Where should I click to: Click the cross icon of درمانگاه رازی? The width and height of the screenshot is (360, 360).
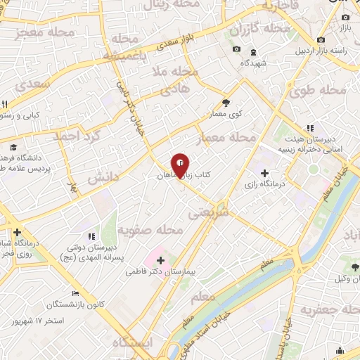click(x=264, y=173)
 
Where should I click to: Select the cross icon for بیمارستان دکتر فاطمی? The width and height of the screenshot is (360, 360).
click(x=160, y=261)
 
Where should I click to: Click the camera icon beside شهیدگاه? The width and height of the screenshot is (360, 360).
click(x=236, y=49)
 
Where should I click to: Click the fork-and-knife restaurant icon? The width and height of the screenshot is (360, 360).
click(x=6, y=104)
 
